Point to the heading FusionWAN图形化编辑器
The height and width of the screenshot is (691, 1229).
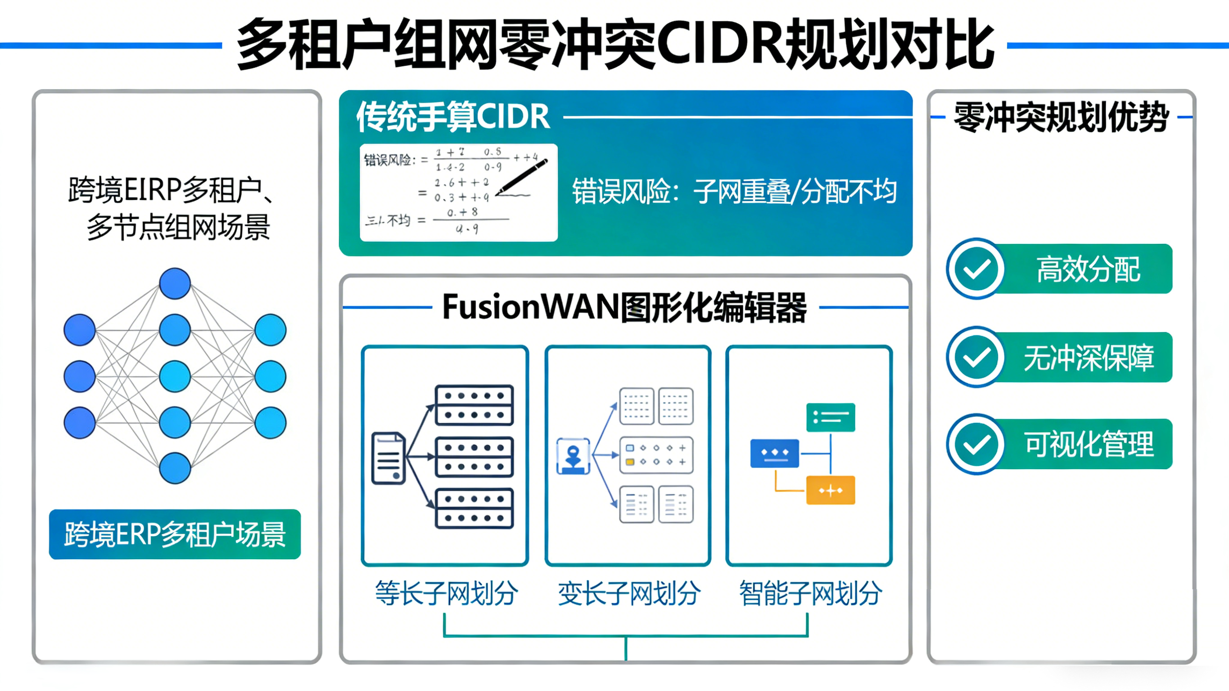[624, 307]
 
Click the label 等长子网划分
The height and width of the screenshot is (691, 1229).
[446, 593]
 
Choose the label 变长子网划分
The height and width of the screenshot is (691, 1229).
[629, 593]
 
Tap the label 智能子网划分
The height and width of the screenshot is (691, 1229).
[810, 593]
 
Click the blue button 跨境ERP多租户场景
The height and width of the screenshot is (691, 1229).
[175, 534]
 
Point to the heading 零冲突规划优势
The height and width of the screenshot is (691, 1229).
[1061, 117]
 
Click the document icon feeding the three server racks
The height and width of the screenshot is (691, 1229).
[389, 458]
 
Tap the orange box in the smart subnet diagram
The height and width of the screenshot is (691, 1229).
[830, 490]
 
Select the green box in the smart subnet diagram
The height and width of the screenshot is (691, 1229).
[830, 418]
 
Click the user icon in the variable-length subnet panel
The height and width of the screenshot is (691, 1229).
[573, 456]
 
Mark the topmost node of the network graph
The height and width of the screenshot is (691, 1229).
[175, 284]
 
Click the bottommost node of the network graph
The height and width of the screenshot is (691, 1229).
[175, 468]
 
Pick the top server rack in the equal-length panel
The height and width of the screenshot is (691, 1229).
[474, 405]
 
